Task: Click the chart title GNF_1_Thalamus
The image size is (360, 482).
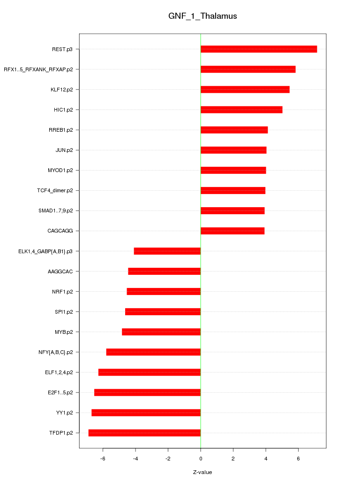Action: pos(202,16)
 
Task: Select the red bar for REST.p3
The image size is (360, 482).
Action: pos(259,49)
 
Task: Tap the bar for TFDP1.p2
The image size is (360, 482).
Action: pos(144,433)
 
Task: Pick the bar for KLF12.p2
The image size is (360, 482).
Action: pos(245,90)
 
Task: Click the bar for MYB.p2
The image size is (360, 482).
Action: pos(161,332)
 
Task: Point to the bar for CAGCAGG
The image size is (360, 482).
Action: pos(232,231)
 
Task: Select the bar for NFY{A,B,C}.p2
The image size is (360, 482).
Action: pos(153,352)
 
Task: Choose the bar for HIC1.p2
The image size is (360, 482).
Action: pos(241,110)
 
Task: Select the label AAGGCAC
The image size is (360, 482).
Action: pos(63,271)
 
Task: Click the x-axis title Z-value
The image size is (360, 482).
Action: pos(202,472)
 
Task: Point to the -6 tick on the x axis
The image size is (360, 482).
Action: pos(103,458)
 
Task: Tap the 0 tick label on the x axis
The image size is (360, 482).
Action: pos(201,458)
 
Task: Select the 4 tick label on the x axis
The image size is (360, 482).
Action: pos(266,458)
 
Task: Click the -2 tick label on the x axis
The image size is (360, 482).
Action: pos(168,458)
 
